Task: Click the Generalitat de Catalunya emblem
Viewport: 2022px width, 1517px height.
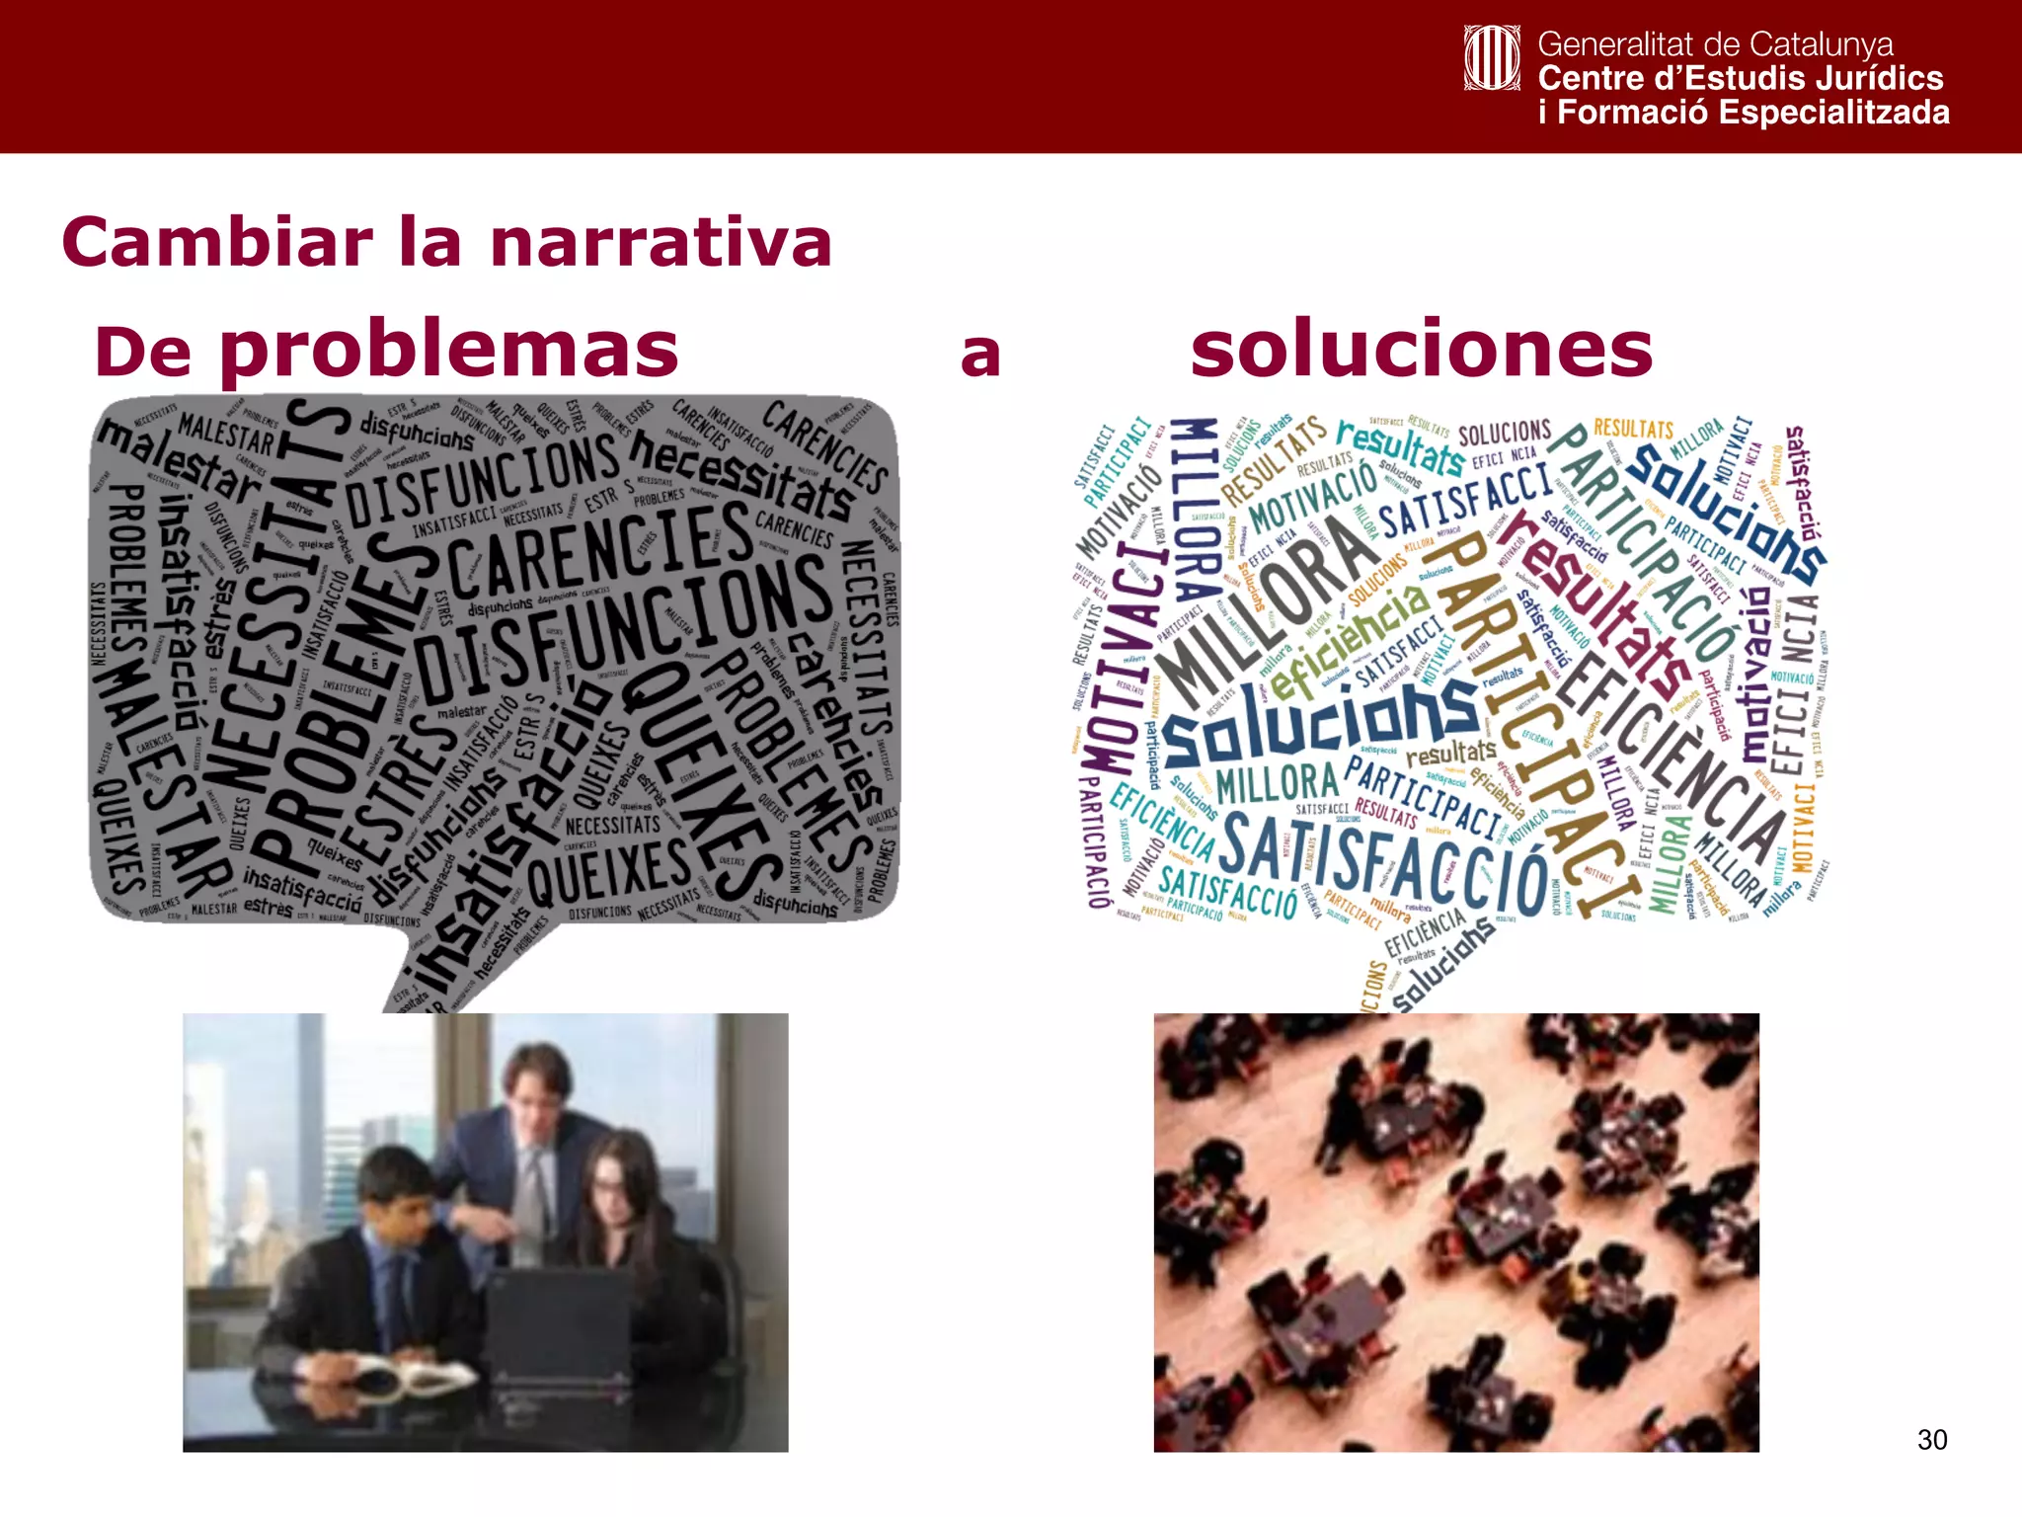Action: click(1491, 58)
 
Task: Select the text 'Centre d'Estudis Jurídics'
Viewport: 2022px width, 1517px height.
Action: click(1740, 78)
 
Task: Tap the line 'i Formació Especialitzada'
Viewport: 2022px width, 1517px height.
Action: click(1744, 113)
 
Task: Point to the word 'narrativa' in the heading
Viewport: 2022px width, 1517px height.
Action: click(661, 243)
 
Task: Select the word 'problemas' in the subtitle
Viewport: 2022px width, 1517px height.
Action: click(449, 351)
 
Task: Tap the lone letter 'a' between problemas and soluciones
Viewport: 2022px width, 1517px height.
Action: click(980, 356)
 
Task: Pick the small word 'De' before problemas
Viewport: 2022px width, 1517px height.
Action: click(143, 354)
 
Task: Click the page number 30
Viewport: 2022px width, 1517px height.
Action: click(1931, 1440)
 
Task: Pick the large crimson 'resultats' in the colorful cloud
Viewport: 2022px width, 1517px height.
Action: click(1594, 602)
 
